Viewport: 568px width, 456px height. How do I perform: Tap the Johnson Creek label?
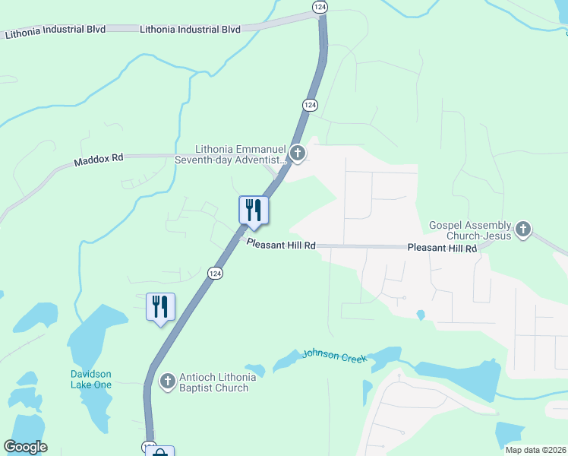tap(334, 355)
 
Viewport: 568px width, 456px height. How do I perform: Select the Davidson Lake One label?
tap(91, 379)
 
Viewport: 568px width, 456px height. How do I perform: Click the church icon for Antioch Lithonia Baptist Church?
tap(168, 382)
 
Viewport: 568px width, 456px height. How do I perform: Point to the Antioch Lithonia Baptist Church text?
tap(213, 382)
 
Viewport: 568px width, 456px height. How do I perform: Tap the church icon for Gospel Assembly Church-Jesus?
tap(522, 230)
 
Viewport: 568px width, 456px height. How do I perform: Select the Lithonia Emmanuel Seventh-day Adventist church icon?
tap(298, 154)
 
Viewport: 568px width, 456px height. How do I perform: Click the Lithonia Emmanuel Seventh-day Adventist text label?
tap(240, 154)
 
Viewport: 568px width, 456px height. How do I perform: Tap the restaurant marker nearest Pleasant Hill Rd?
tap(253, 211)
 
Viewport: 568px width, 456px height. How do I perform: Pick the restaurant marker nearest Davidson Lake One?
tap(160, 307)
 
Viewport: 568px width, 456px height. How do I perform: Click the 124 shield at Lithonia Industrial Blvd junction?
tap(319, 6)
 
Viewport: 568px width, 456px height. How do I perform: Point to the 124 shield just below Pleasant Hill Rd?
tap(216, 273)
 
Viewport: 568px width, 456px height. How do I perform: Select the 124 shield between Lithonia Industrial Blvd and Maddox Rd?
tap(310, 104)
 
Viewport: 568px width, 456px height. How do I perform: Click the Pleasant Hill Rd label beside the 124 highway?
tap(280, 244)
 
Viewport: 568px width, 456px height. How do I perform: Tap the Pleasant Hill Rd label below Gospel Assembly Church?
tap(442, 248)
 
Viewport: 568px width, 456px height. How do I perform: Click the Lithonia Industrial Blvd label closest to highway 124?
tap(190, 30)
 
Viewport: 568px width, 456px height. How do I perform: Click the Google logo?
tap(25, 447)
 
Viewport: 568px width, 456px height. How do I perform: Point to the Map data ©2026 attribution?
tap(535, 450)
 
